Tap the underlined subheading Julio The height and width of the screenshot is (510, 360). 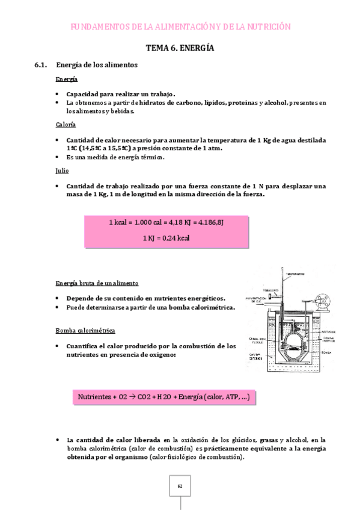pyautogui.click(x=62, y=170)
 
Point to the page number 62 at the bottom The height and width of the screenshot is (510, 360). pyautogui.click(x=180, y=485)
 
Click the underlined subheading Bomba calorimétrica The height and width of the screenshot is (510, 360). pyautogui.click(x=81, y=331)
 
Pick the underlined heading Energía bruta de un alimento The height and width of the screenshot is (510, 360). pyautogui.click(x=97, y=283)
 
